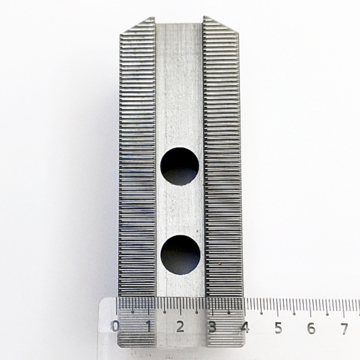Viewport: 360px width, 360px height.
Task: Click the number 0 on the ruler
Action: (x=116, y=327)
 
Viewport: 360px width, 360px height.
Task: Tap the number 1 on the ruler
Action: (x=149, y=327)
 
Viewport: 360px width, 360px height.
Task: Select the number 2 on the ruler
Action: (x=180, y=327)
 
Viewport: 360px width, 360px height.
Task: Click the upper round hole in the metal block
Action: (x=180, y=166)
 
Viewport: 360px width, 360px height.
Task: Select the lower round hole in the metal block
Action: (x=180, y=255)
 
